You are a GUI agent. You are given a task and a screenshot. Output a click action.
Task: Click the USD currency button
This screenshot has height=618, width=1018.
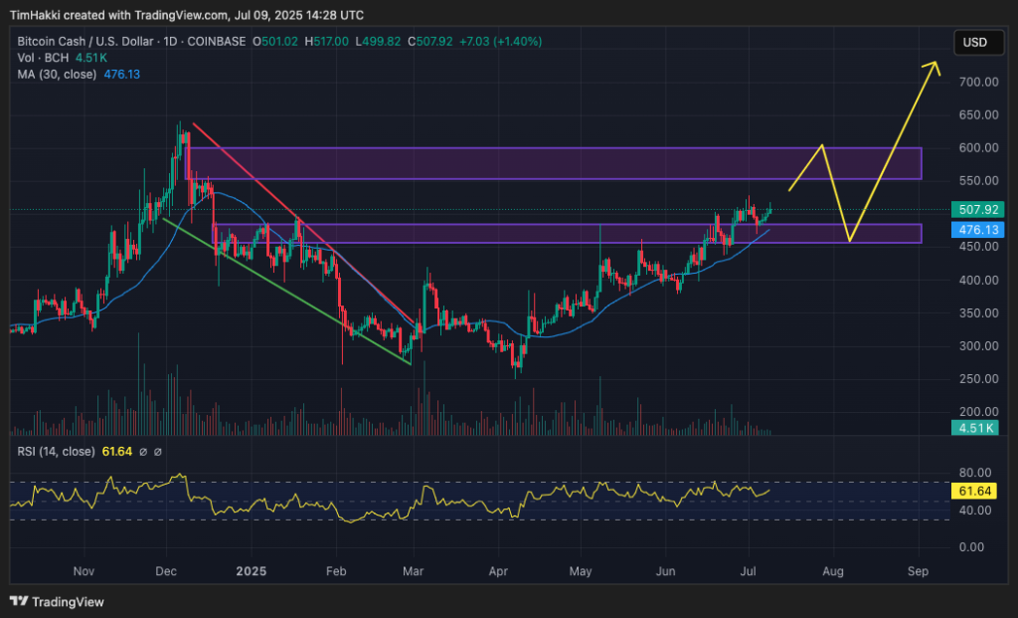click(x=974, y=43)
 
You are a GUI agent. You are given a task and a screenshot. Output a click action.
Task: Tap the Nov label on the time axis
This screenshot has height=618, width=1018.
click(x=84, y=572)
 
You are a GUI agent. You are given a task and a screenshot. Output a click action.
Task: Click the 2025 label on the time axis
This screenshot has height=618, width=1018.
click(x=252, y=572)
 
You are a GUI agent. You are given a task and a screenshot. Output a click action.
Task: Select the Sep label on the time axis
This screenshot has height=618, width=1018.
click(x=919, y=572)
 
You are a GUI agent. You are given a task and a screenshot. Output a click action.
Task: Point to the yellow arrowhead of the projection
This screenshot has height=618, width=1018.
click(x=933, y=66)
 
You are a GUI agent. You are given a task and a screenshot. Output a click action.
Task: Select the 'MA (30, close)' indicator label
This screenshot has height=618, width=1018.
click(x=56, y=74)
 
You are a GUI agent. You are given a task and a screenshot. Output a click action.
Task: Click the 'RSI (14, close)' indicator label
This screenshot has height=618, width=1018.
click(x=56, y=452)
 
